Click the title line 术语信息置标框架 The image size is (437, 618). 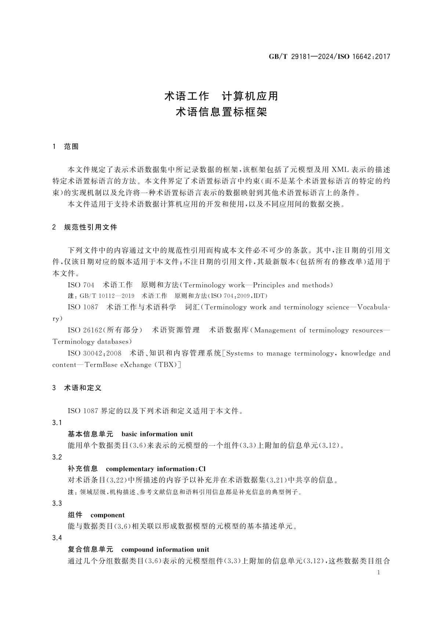(x=221, y=112)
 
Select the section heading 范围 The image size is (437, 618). (x=71, y=147)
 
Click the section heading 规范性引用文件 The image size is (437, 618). (x=91, y=227)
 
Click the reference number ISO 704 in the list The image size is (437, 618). (x=81, y=285)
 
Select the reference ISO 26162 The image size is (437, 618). (x=85, y=330)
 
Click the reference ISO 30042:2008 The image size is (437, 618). (x=95, y=353)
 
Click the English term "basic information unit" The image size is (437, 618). (x=157, y=434)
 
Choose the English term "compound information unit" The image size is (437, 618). (x=165, y=549)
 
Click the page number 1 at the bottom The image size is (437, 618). (x=379, y=573)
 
